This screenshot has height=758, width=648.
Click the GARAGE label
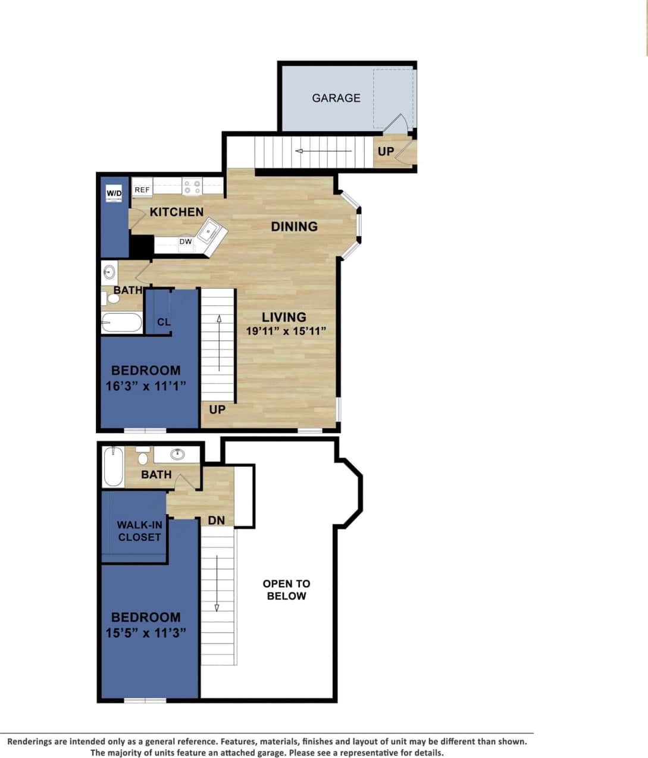pyautogui.click(x=336, y=98)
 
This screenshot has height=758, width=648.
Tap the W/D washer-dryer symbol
pyautogui.click(x=114, y=193)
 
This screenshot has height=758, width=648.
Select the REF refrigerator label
pyautogui.click(x=142, y=190)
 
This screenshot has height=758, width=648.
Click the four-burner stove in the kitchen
pyautogui.click(x=192, y=187)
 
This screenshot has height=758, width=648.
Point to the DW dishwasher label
pyautogui.click(x=186, y=242)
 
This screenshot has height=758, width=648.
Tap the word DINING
pyautogui.click(x=294, y=227)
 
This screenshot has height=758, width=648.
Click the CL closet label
pyautogui.click(x=164, y=322)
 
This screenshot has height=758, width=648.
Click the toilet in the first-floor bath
pyautogui.click(x=112, y=296)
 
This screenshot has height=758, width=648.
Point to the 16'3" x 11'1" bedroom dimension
pyautogui.click(x=146, y=386)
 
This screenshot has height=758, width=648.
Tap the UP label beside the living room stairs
pyautogui.click(x=217, y=409)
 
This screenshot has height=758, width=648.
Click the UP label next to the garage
pyautogui.click(x=386, y=151)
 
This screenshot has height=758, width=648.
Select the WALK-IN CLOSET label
pyautogui.click(x=139, y=531)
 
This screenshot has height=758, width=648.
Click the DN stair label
pyautogui.click(x=217, y=521)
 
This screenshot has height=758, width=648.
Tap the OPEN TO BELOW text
pyautogui.click(x=286, y=590)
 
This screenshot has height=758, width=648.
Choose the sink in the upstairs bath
pyautogui.click(x=177, y=455)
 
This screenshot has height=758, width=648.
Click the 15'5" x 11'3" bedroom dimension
pyautogui.click(x=146, y=632)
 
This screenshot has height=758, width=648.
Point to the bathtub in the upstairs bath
pyautogui.click(x=113, y=468)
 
